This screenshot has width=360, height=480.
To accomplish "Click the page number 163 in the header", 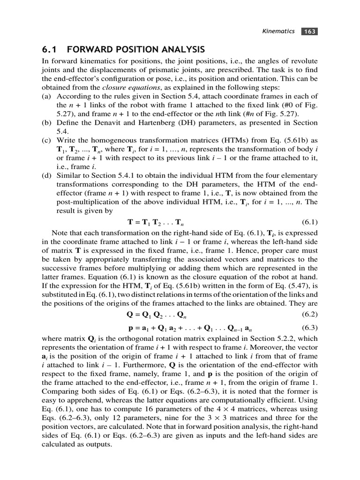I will click(310, 31).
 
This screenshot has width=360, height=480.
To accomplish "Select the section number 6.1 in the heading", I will click(50, 50).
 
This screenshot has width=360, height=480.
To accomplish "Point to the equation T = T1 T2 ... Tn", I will click(159, 222).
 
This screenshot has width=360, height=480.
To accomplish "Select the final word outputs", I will click(99, 444).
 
